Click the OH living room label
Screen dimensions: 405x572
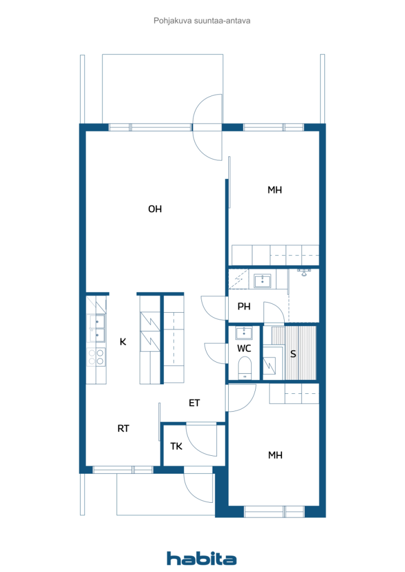(x=155, y=209)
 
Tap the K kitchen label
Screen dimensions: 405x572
(x=123, y=342)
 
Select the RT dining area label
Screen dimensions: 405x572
(x=123, y=428)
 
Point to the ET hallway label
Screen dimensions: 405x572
(x=194, y=403)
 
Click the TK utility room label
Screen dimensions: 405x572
(x=176, y=446)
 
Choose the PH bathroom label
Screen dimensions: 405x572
(x=244, y=307)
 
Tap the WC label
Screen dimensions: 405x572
(x=244, y=349)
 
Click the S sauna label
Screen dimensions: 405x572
(x=293, y=354)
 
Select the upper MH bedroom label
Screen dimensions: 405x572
(x=275, y=190)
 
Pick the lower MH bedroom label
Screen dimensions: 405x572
(x=275, y=455)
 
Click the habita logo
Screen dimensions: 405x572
(x=201, y=559)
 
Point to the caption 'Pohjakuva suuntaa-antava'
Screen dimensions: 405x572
(x=202, y=21)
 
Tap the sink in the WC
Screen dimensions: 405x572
(x=244, y=333)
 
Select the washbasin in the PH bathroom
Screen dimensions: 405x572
(x=262, y=282)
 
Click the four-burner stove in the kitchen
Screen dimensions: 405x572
(x=96, y=357)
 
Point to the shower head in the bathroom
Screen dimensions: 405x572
(x=304, y=272)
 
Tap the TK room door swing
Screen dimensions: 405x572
(x=201, y=440)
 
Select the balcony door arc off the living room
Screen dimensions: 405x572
(x=207, y=127)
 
